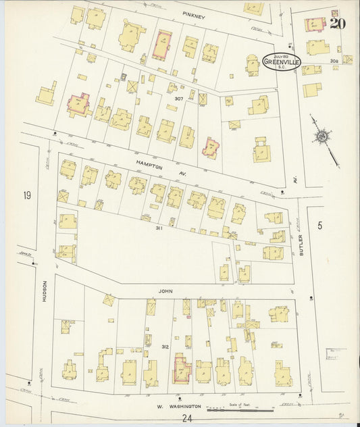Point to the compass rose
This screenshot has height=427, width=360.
(x=322, y=136)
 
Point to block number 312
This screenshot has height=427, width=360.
(x=165, y=347)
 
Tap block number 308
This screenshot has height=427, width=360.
(x=334, y=61)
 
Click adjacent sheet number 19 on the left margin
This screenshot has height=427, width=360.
(x=27, y=196)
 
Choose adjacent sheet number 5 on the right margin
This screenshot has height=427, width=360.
(x=320, y=225)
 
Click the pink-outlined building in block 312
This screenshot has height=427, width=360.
(x=182, y=370)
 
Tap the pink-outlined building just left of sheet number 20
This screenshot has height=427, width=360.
(x=315, y=24)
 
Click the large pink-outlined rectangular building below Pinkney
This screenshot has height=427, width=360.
(x=161, y=45)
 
